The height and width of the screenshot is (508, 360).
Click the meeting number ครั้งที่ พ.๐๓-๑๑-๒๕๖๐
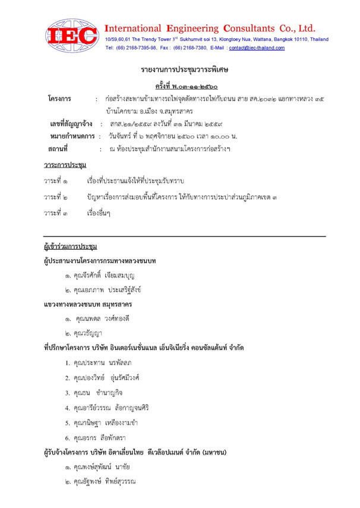click(180, 86)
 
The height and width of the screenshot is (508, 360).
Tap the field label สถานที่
click(59, 149)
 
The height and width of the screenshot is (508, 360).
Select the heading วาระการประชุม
click(65, 165)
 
